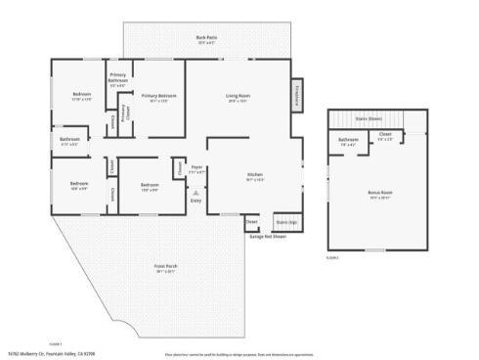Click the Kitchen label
(254, 175)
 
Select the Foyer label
(196, 168)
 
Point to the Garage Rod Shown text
(266, 237)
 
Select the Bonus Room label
(378, 194)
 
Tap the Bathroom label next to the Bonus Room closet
(348, 140)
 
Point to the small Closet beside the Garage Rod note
(252, 222)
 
